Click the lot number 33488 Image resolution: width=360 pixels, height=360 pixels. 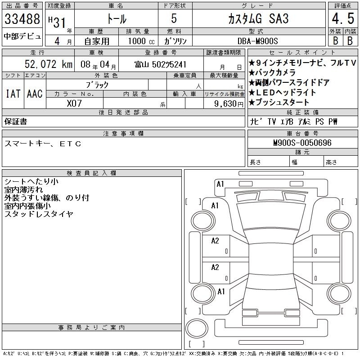22,19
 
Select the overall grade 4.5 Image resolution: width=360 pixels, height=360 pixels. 343,18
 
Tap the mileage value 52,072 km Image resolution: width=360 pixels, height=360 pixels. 49,64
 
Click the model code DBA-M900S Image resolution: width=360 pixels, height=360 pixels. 257,41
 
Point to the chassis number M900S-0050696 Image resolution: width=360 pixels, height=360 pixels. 302,143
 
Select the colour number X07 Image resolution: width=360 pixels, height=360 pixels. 74,103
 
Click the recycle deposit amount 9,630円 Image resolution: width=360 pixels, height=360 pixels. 229,104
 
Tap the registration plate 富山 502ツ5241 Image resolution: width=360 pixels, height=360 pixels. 161,64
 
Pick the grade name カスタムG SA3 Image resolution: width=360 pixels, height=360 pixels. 258,19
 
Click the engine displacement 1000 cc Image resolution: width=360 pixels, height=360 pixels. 141,41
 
